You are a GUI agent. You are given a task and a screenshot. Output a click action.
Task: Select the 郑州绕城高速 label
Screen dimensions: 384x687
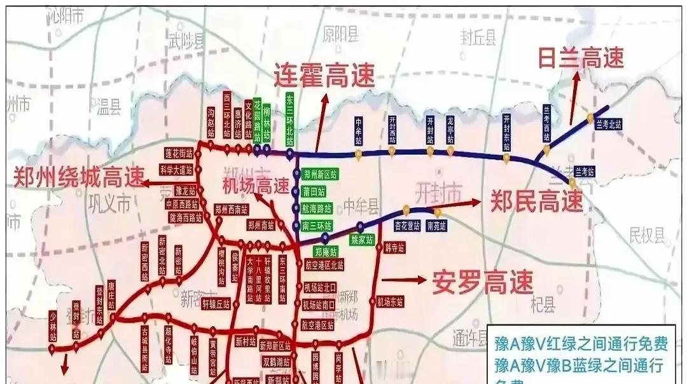coord(80,177)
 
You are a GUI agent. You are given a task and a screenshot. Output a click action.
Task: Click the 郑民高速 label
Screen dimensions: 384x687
coord(536,202)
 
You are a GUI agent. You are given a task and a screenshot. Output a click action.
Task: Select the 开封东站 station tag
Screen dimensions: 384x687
coord(506,131)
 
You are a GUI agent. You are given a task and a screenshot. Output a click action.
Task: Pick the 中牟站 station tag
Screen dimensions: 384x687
coord(359,130)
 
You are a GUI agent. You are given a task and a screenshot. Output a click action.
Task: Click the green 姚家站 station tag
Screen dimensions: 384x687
coord(363,240)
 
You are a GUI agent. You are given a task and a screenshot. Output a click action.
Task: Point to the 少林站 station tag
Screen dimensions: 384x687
coord(53,325)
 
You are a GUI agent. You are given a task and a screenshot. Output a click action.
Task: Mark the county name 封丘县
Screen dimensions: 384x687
coord(478,39)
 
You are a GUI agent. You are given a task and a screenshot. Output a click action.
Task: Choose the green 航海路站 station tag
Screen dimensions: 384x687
coord(317,208)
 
